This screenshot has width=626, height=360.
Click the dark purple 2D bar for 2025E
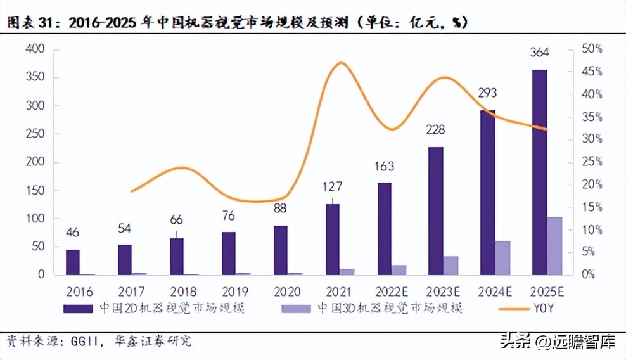pos(539,172)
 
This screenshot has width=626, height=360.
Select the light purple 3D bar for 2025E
pos(554,246)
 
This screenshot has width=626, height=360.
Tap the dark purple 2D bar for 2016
pos(73,262)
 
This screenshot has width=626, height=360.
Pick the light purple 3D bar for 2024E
pos(502,258)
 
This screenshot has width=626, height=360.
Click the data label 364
pos(539,53)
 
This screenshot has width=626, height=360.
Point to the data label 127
pos(332,187)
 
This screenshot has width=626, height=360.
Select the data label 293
pos(487,93)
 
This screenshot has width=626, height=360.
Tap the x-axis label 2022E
pos(384,292)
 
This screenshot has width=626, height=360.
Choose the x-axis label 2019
pos(229,292)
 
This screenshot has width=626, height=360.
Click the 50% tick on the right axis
pos(592,49)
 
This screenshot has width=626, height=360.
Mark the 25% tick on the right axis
pos(592,162)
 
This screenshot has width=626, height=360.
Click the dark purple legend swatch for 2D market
pos(80,309)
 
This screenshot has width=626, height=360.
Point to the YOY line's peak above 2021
pos(341,63)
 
